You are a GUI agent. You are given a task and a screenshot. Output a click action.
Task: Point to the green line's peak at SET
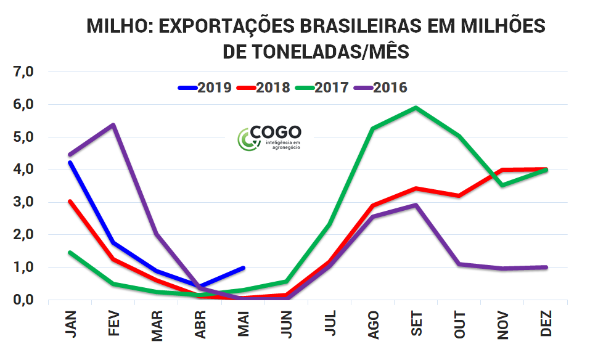point(416,108)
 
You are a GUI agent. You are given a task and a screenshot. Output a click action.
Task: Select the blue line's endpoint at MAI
point(244,268)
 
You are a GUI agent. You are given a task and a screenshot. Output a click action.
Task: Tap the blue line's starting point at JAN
point(70,163)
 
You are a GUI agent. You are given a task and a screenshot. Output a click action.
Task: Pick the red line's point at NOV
point(503,170)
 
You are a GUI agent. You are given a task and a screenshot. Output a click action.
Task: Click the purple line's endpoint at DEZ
point(546,268)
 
